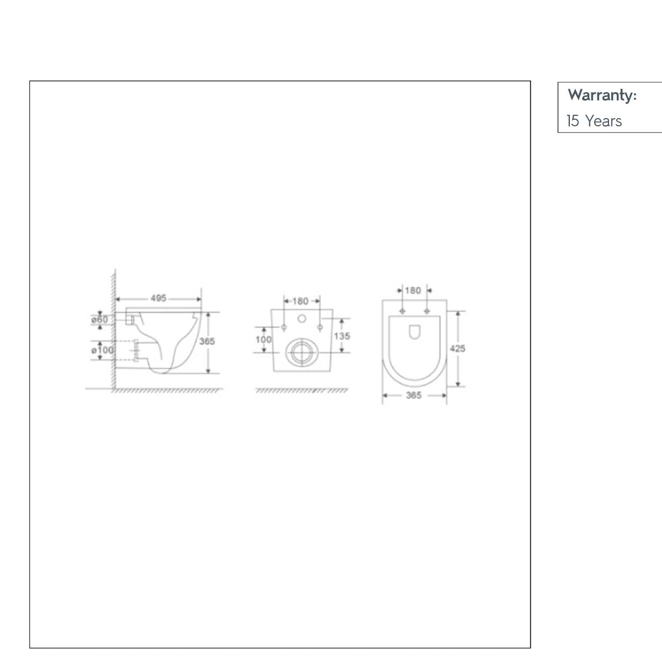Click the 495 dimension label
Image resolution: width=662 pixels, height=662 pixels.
tap(158, 298)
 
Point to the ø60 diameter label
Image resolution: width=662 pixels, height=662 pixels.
tap(100, 319)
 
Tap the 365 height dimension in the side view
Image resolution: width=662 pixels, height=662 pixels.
tap(207, 341)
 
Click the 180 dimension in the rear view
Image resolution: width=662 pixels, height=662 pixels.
tap(300, 301)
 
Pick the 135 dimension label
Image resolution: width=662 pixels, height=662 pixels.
tap(342, 336)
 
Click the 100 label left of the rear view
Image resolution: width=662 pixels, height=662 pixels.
tap(264, 339)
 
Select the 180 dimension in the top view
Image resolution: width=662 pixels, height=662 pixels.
tap(413, 291)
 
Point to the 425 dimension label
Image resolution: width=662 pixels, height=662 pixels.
tap(457, 349)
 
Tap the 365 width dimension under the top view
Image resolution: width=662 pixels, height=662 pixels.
tap(414, 396)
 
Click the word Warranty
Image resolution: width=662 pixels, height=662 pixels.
tap(602, 95)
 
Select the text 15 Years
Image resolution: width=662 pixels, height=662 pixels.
tap(594, 121)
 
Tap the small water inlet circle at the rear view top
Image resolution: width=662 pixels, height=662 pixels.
tap(301, 318)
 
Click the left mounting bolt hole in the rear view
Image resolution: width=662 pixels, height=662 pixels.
tap(284, 328)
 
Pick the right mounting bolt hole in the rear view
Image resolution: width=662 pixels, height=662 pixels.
tap(319, 328)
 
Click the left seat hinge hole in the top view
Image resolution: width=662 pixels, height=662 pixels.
tap(402, 311)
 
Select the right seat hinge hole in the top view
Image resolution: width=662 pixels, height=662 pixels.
tap(426, 311)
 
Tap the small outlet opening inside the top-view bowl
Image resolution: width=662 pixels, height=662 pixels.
tap(414, 332)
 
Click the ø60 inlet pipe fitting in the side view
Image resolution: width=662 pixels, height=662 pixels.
tap(130, 319)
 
